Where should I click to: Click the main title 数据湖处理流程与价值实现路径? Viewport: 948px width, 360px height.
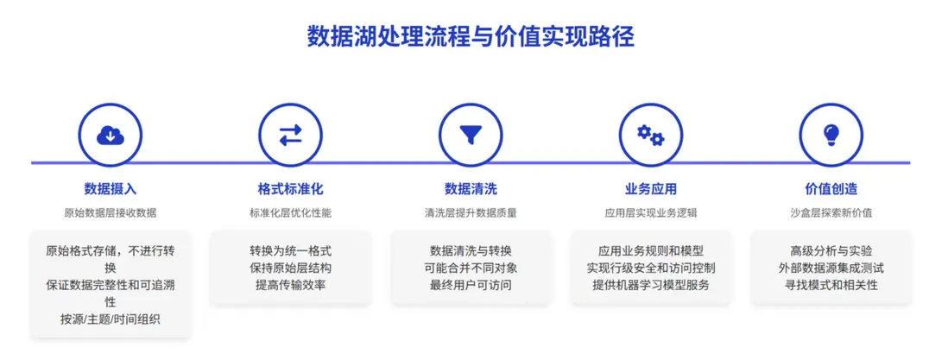tap(471, 36)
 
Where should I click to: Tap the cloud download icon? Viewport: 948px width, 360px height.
tap(110, 136)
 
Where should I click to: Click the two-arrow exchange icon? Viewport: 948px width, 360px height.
tap(290, 136)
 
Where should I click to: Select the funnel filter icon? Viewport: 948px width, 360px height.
tap(471, 136)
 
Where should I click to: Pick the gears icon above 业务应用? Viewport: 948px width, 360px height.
tap(650, 135)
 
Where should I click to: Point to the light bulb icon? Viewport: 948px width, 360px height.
tap(831, 135)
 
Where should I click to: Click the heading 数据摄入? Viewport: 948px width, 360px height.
tap(110, 189)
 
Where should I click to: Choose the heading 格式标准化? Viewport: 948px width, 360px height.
tap(290, 189)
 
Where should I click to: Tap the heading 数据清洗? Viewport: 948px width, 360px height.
tap(471, 189)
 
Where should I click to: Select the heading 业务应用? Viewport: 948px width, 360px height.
tap(650, 189)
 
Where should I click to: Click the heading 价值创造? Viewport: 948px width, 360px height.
tap(831, 189)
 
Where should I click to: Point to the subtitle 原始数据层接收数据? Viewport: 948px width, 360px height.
tap(110, 213)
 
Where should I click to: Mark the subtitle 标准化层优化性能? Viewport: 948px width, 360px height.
tap(290, 213)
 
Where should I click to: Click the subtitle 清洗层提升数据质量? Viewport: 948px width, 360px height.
tap(471, 213)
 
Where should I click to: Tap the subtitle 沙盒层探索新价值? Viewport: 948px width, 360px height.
tap(831, 213)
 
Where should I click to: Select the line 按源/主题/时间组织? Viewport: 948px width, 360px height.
tap(110, 319)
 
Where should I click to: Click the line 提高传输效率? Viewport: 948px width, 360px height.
tap(290, 285)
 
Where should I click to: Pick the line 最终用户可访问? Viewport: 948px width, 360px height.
tap(471, 285)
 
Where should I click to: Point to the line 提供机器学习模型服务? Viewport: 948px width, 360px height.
tap(650, 285)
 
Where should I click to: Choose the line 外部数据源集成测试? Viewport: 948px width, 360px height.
tap(831, 268)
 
